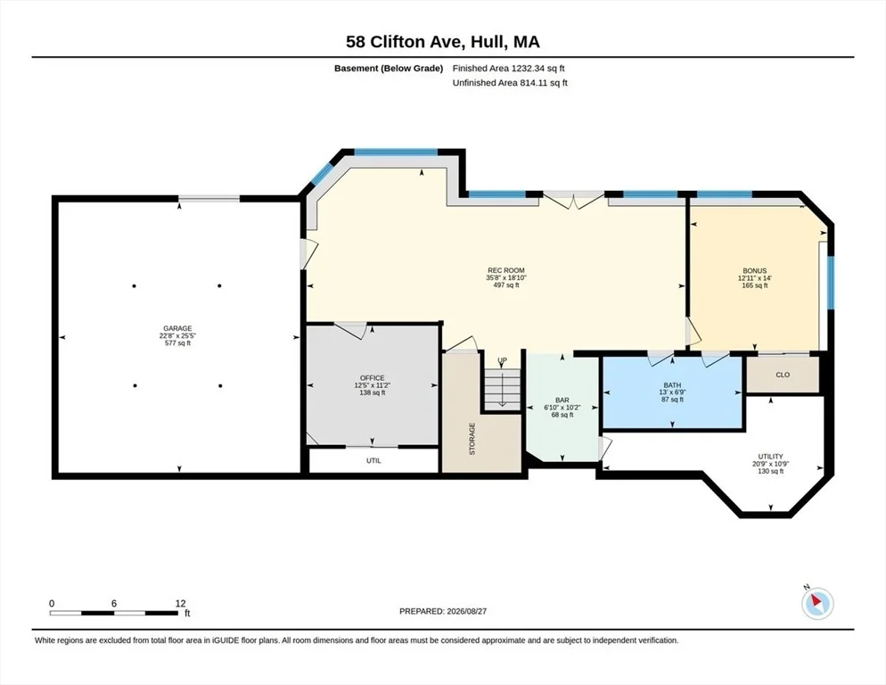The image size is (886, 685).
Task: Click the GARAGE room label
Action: [x=177, y=328]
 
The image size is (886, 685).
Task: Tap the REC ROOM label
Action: [x=505, y=270]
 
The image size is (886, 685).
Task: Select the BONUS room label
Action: [x=754, y=271]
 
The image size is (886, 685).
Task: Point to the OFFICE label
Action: [x=372, y=378]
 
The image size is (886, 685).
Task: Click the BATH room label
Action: [x=672, y=385]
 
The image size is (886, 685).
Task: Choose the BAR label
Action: [x=562, y=400]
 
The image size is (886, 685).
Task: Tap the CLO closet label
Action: [x=783, y=375]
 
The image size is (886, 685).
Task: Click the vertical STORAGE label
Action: [x=472, y=439]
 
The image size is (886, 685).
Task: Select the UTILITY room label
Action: [x=770, y=457]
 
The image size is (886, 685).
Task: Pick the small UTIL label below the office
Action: [x=373, y=460]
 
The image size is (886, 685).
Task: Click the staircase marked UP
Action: [x=502, y=387]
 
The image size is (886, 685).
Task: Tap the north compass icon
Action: [x=817, y=604]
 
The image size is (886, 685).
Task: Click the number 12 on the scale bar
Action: [x=180, y=604]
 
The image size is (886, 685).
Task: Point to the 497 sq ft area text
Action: [x=505, y=285]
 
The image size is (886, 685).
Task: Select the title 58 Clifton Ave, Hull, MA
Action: [x=442, y=42]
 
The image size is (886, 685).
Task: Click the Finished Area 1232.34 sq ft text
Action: [x=509, y=69]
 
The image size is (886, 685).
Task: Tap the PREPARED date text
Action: [x=443, y=612]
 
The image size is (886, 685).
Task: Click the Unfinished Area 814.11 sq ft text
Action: [x=510, y=83]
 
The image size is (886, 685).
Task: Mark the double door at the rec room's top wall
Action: [x=573, y=200]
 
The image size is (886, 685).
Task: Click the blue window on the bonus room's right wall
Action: [x=830, y=283]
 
